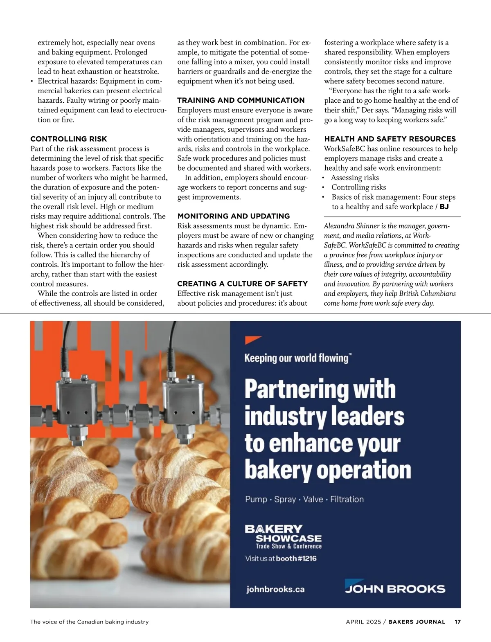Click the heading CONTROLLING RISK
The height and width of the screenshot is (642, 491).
(x=69, y=139)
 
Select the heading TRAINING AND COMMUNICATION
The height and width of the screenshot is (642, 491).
(x=241, y=100)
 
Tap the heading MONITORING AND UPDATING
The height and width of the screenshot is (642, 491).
(x=233, y=216)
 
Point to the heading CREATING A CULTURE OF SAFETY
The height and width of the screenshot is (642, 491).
(x=242, y=284)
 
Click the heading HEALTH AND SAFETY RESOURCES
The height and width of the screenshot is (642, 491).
(x=390, y=139)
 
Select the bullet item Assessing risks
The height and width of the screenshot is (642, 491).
(x=355, y=178)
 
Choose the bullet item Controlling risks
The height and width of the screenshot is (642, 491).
(x=358, y=187)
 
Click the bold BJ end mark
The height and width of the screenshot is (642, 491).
(x=444, y=207)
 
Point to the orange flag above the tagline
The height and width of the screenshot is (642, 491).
(x=252, y=340)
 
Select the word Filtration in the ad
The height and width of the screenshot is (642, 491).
(x=347, y=499)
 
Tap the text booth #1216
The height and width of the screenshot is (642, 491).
(x=296, y=559)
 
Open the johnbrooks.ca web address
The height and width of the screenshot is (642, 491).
(x=275, y=589)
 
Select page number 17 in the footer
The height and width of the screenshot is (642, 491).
(x=457, y=622)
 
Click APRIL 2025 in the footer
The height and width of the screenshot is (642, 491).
(x=363, y=622)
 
